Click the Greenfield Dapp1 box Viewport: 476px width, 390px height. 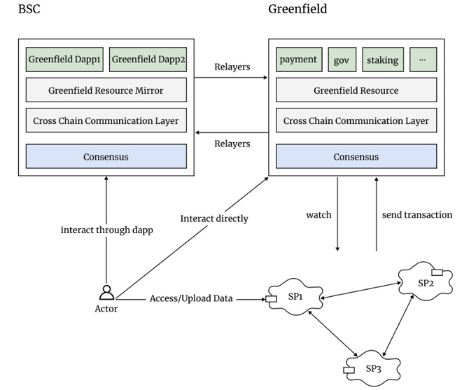pos(65,60)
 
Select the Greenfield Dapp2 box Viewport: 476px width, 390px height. pos(148,60)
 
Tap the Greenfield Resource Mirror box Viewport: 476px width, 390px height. pos(106,90)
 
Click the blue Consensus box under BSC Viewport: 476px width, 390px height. pos(106,156)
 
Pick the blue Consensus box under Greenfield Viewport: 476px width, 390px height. pos(356,156)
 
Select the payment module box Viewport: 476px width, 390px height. pos(298,60)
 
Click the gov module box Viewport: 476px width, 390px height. pos(341,60)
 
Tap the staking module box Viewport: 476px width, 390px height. pos(382,60)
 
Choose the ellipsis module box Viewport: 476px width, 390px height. pos(422,60)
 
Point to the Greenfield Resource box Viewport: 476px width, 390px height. pos(356,90)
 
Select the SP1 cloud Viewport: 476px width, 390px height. pos(294,298)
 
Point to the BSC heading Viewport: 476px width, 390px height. pos(29,10)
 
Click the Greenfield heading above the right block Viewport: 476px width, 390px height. pos(297,10)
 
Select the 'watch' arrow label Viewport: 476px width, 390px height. pos(318,214)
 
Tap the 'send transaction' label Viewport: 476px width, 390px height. pos(416,214)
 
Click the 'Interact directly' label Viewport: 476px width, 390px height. pos(213,218)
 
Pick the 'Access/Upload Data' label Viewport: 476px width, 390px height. pos(190,298)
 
